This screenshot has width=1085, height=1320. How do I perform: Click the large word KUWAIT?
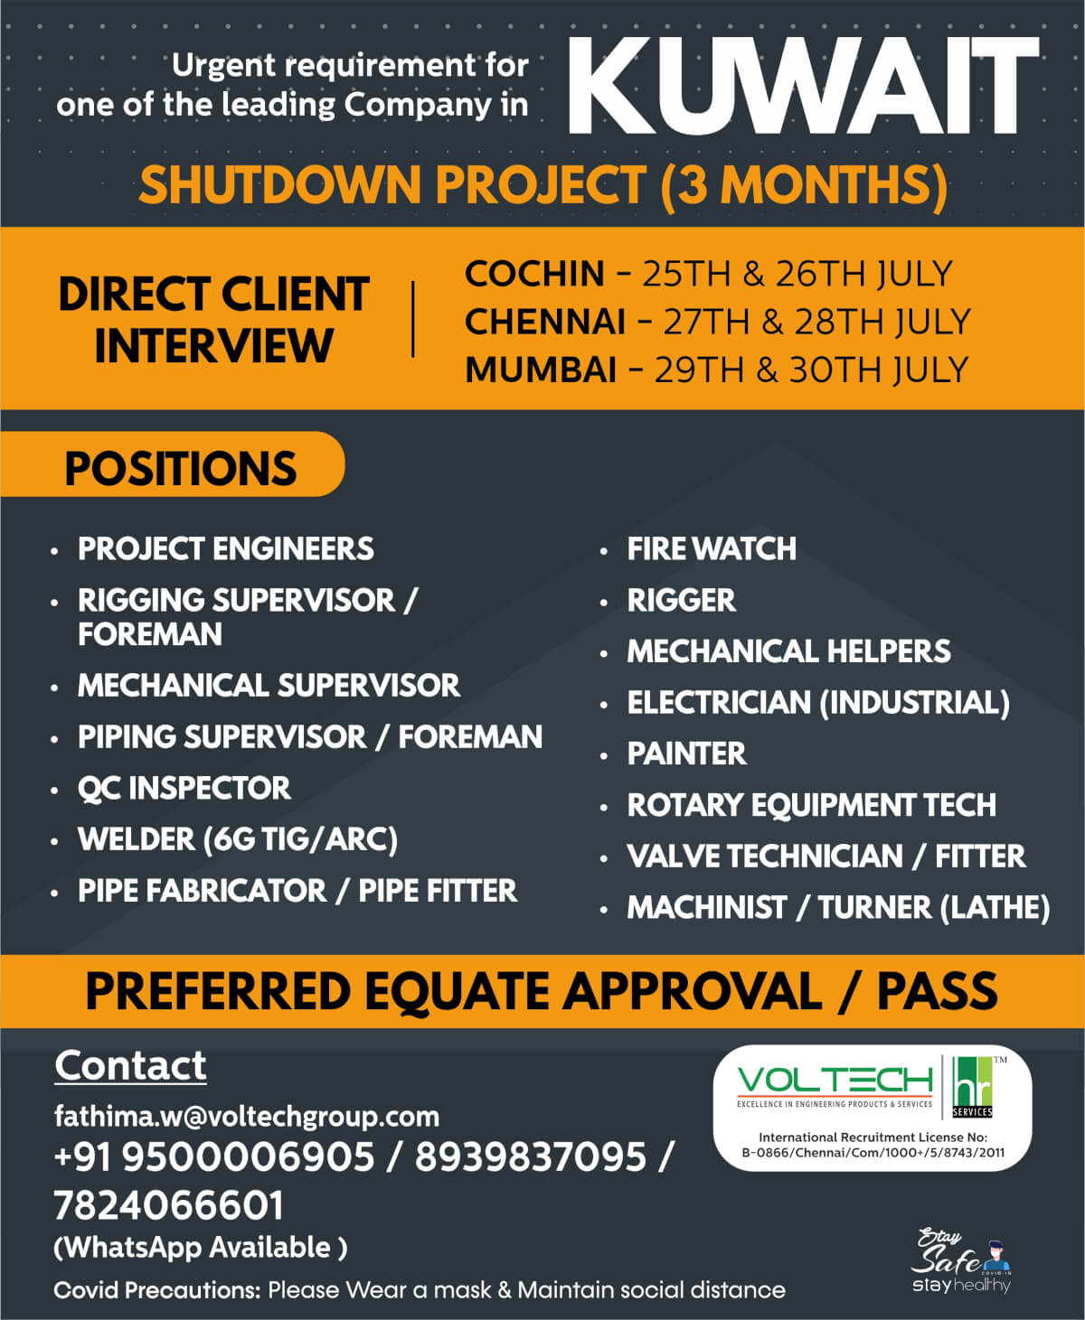coord(804,86)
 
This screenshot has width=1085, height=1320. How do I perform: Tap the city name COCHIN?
coord(534,274)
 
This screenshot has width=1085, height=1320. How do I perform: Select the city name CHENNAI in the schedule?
coord(545,322)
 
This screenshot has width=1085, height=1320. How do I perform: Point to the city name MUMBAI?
coord(541,370)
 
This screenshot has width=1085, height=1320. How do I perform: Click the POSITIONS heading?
coord(181,469)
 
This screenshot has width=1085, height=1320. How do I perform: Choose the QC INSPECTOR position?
coord(184,788)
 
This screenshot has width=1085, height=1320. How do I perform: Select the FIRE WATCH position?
coord(712,549)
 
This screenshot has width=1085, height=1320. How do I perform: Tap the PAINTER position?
coord(686,754)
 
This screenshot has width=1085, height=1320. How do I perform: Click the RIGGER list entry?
coord(682,600)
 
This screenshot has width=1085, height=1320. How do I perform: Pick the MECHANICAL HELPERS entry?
coord(788,651)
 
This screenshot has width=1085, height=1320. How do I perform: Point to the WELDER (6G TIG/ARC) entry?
coord(238,840)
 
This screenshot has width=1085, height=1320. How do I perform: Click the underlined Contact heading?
coord(130,1066)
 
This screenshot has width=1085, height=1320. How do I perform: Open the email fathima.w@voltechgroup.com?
coord(247,1118)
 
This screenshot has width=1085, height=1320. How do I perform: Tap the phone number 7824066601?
coord(169,1206)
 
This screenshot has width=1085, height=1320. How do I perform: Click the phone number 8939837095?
coord(530,1156)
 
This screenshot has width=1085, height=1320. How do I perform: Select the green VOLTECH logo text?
coord(835,1080)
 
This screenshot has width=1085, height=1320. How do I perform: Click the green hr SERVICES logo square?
coord(972,1087)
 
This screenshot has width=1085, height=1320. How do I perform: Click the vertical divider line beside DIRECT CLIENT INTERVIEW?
coord(413,319)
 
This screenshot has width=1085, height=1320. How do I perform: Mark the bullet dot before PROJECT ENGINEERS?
coord(54,551)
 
